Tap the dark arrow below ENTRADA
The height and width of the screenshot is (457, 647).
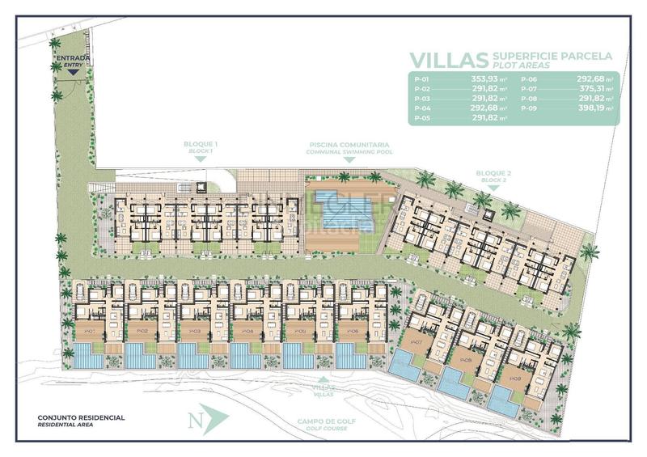point(73,72)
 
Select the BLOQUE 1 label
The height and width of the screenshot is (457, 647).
point(200,146)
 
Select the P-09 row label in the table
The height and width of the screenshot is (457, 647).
point(528,108)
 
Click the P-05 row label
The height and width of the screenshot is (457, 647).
point(421,118)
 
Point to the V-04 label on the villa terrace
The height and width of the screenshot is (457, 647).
point(247,331)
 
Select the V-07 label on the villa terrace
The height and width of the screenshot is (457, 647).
point(417,342)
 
